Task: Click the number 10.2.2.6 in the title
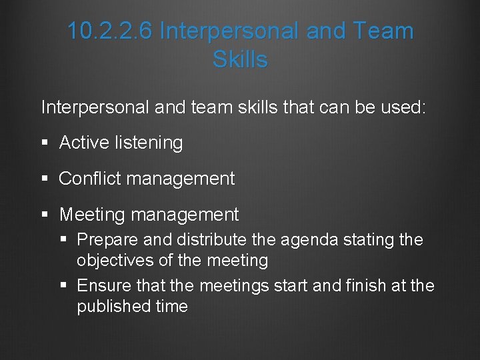(x=111, y=31)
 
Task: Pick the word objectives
(x=117, y=260)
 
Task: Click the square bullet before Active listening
(x=45, y=143)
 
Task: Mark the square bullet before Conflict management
(x=45, y=179)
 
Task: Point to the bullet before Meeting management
(x=45, y=215)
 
